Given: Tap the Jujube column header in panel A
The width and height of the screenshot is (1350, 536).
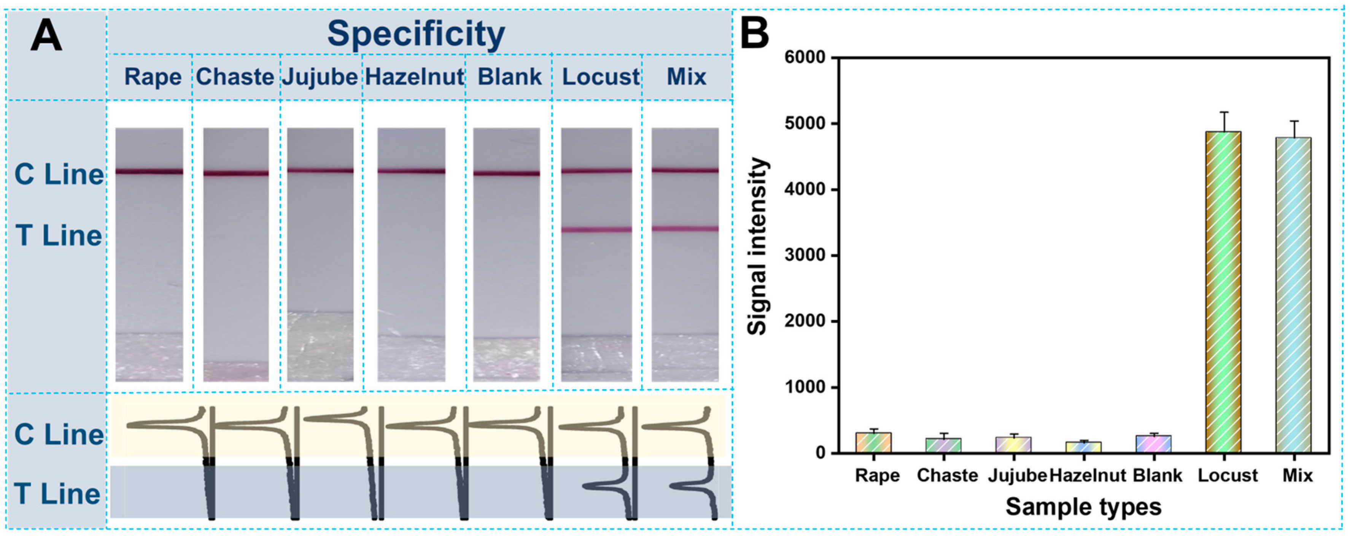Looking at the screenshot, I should [x=320, y=77].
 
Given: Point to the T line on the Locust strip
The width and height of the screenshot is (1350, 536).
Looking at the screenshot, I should [x=596, y=229].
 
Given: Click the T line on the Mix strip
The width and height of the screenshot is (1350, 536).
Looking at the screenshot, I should [x=685, y=229].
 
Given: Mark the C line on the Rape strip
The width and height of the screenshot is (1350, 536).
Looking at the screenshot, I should [x=149, y=171].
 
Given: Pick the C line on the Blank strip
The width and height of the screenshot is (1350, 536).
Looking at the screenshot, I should [x=506, y=173].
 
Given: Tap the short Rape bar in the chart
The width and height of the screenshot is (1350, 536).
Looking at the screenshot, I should [x=873, y=443].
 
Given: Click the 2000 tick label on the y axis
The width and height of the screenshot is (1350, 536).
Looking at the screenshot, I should [x=805, y=321].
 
